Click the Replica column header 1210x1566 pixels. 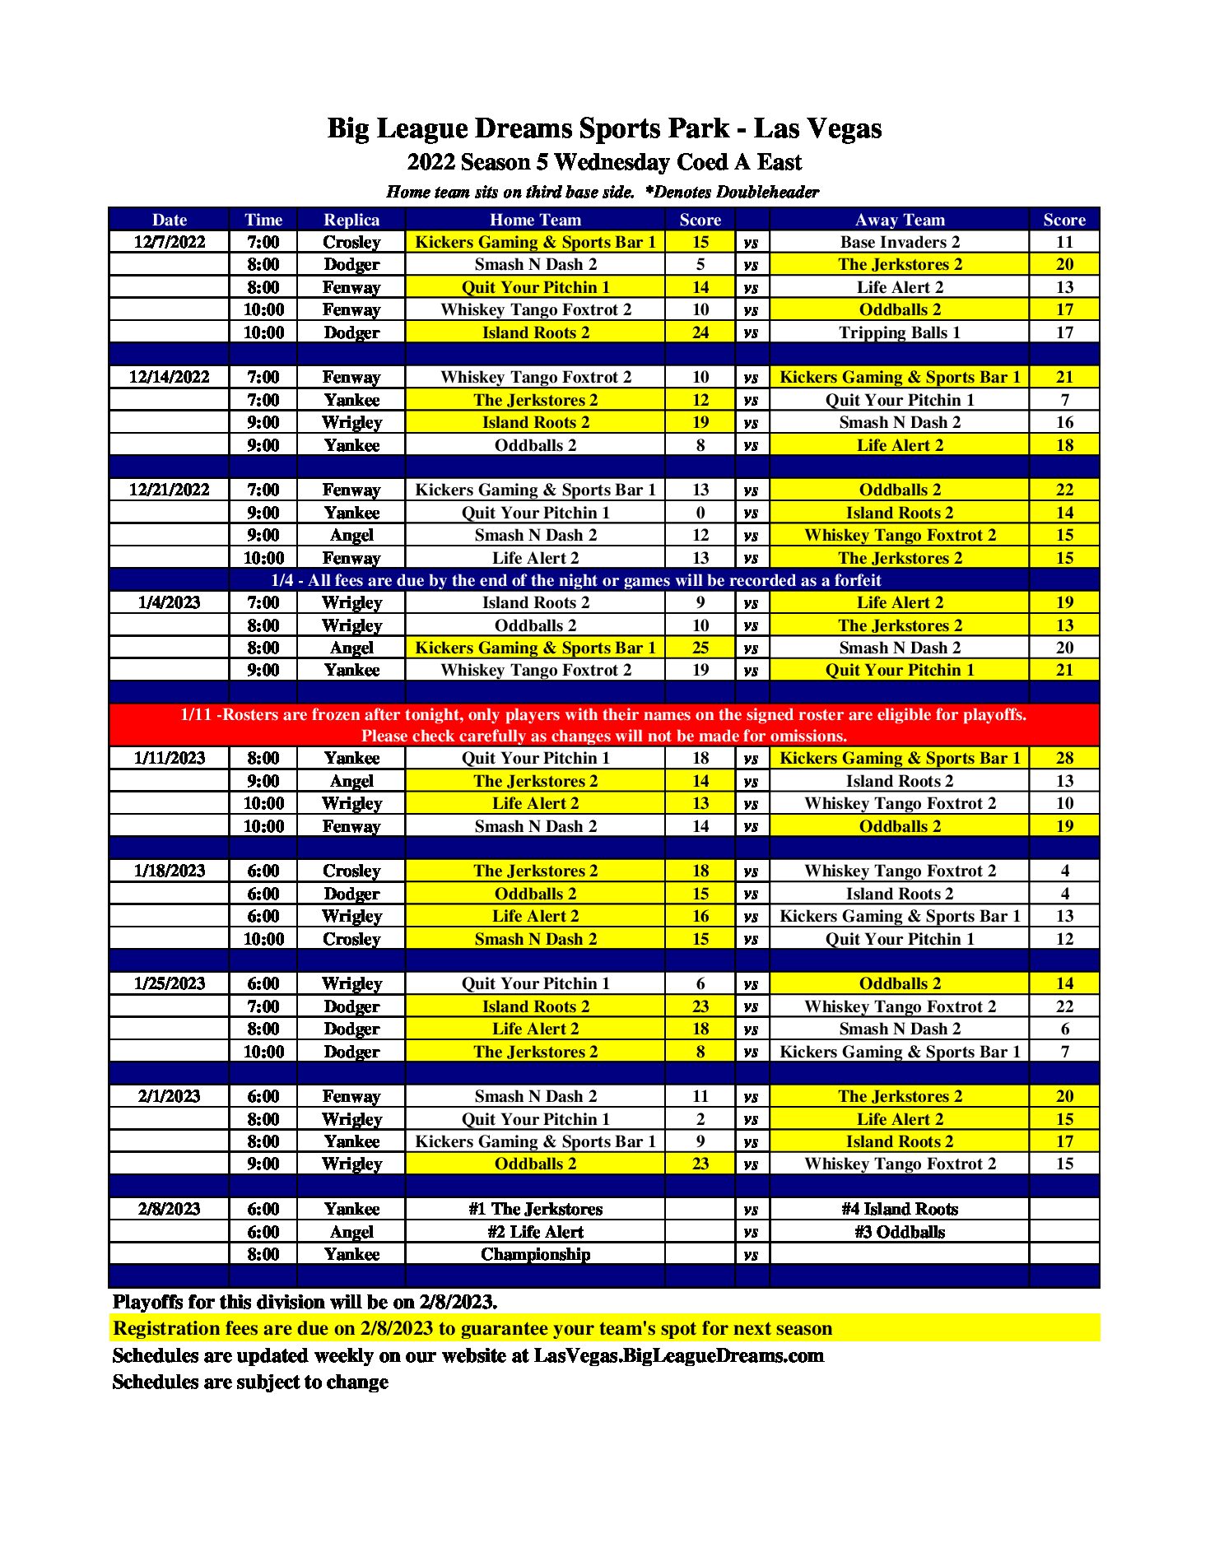[351, 220]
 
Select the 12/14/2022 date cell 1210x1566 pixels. [170, 377]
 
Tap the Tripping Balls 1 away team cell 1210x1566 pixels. [899, 332]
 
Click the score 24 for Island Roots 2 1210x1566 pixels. [700, 332]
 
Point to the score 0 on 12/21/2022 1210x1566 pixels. [700, 513]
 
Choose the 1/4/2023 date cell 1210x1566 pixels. [170, 602]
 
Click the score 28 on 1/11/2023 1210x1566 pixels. [1063, 758]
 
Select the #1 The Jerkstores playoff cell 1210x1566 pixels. [535, 1209]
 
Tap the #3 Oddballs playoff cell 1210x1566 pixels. [899, 1232]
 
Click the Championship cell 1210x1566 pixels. [535, 1254]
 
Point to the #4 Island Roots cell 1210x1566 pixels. [899, 1209]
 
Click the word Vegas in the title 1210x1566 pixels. [840, 128]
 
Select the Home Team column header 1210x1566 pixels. [535, 220]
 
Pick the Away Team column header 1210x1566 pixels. [899, 220]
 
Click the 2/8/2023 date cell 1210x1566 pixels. [170, 1209]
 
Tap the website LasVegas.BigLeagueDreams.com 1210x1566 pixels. [678, 1355]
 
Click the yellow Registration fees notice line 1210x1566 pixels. [472, 1328]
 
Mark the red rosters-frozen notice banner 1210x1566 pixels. [604, 725]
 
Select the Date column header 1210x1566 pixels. [170, 220]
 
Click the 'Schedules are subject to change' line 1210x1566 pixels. [250, 1382]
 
